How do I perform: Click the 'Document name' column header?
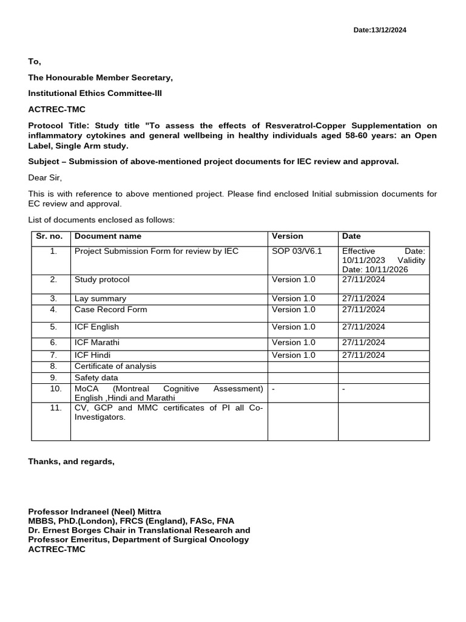[107, 236]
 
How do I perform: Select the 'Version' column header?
[287, 236]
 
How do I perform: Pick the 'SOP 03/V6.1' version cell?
[296, 251]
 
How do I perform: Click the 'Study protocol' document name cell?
[101, 279]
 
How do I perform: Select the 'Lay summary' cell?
[100, 298]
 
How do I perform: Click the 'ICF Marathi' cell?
[97, 342]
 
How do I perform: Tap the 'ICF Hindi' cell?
[92, 355]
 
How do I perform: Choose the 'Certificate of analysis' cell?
[115, 366]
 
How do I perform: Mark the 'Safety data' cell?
[96, 377]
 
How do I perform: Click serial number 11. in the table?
[55, 408]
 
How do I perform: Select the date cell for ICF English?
[363, 327]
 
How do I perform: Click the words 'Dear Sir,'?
[45, 177]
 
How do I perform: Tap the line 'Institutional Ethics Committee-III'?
[95, 93]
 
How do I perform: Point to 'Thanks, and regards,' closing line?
[71, 462]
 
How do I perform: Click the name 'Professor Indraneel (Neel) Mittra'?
[95, 511]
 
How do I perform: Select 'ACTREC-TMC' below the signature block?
[56, 549]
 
